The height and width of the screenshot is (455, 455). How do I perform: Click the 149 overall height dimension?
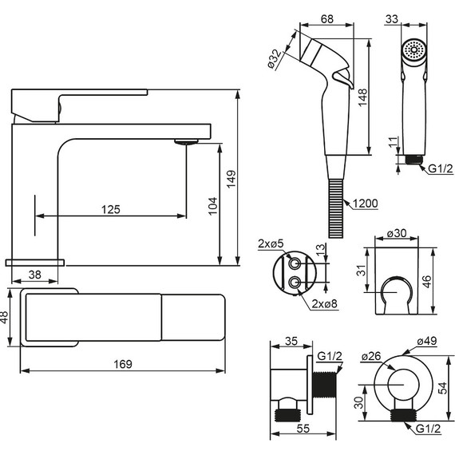point(231,179)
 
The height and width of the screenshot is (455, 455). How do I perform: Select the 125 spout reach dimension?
point(111,209)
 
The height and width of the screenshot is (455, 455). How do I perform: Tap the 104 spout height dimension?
point(212,206)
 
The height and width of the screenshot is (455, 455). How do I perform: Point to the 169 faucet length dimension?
point(123,364)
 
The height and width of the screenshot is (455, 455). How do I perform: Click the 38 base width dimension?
point(35,275)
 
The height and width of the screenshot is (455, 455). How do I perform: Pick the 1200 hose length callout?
point(366,204)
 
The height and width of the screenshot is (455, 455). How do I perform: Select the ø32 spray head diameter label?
point(275,60)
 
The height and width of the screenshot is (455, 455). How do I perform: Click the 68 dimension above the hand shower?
point(327,19)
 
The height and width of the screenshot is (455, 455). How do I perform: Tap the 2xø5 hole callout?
point(271,243)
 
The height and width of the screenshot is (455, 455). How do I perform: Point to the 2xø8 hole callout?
point(324,303)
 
